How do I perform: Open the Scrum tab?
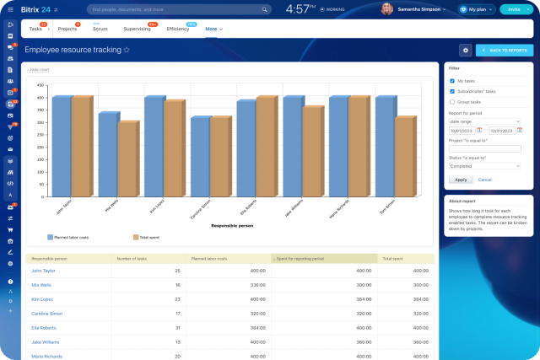pos(101,29)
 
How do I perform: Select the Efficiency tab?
pos(178,29)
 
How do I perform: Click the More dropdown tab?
pos(213,29)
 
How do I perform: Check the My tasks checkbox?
pos(452,81)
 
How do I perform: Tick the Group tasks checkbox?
pos(452,101)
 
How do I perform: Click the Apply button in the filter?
pos(460,180)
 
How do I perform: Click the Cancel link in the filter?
pos(485,180)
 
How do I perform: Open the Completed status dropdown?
pos(484,166)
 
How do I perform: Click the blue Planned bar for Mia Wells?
pos(107,152)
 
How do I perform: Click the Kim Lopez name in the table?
pos(41,298)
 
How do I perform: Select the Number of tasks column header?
pos(132,259)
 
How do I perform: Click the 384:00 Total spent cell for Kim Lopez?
pos(418,298)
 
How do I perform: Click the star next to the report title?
pos(127,51)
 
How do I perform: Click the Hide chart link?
pos(39,70)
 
